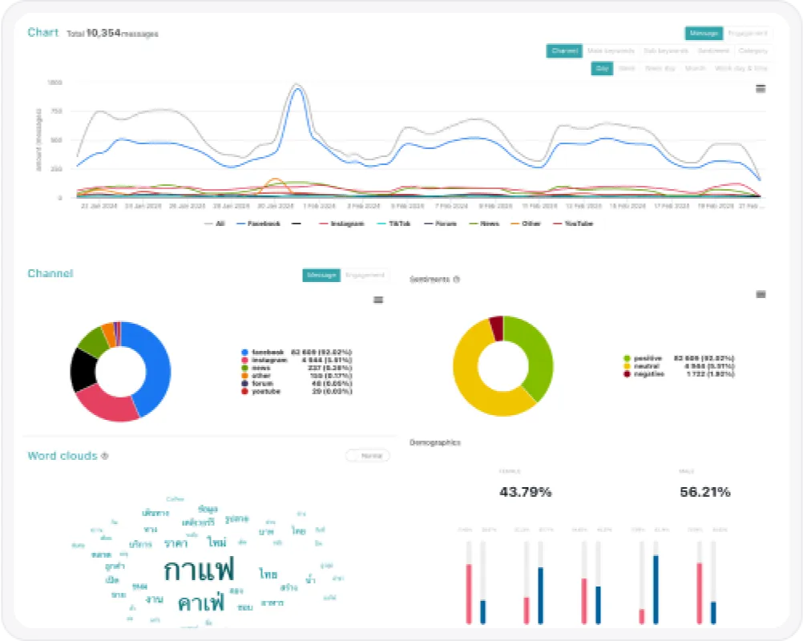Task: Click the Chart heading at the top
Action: coord(42,33)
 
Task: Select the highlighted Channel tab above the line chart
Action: coord(564,51)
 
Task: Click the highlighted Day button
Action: coord(602,69)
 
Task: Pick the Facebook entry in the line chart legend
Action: coord(263,224)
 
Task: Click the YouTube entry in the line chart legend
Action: coord(578,224)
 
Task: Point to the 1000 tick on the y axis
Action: coord(54,83)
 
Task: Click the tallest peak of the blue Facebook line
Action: coord(297,88)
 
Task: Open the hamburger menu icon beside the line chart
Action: coord(761,88)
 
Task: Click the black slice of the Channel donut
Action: coord(82,369)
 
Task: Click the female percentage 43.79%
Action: coord(525,492)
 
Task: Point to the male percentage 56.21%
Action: coord(704,492)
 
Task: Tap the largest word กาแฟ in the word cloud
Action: coord(199,570)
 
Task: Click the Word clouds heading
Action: coord(63,456)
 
